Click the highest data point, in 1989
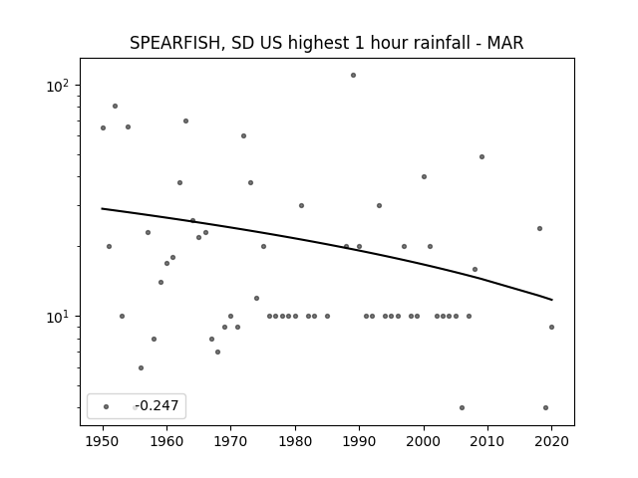[353, 76]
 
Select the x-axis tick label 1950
[103, 441]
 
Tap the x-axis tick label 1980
[295, 441]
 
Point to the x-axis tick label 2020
[551, 441]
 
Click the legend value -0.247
[157, 405]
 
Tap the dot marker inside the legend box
[107, 406]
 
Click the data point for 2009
[481, 157]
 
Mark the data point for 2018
[539, 228]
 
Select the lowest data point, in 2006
[462, 407]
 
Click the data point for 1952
[116, 107]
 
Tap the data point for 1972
[243, 135]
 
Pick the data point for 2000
[424, 177]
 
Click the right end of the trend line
[551, 300]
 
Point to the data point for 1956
[141, 367]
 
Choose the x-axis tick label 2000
[424, 441]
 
